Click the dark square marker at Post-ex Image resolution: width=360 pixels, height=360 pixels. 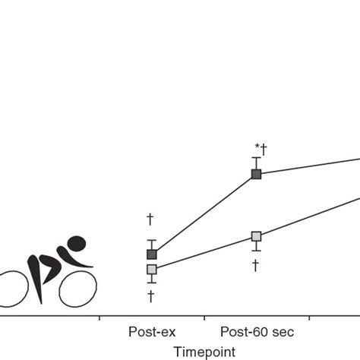(x=152, y=254)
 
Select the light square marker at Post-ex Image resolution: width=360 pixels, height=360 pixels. (x=152, y=269)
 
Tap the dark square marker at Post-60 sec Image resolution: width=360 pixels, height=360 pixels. (x=256, y=174)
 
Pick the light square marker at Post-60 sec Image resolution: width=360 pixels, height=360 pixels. (x=256, y=236)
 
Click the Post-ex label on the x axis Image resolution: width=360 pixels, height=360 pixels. (x=152, y=332)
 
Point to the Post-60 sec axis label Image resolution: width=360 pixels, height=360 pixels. (x=256, y=332)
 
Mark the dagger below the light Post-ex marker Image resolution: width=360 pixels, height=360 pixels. (x=151, y=295)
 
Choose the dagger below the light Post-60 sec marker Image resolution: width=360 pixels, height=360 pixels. (x=256, y=265)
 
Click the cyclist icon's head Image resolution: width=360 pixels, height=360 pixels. (x=76, y=244)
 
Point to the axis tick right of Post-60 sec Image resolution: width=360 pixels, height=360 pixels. (x=310, y=317)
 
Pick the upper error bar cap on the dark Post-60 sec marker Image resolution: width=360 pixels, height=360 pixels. (x=256, y=157)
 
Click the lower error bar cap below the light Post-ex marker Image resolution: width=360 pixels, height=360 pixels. (x=152, y=283)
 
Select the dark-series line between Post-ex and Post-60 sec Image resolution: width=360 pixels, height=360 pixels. (x=204, y=214)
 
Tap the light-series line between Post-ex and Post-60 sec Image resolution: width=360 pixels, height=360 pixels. (x=204, y=253)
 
